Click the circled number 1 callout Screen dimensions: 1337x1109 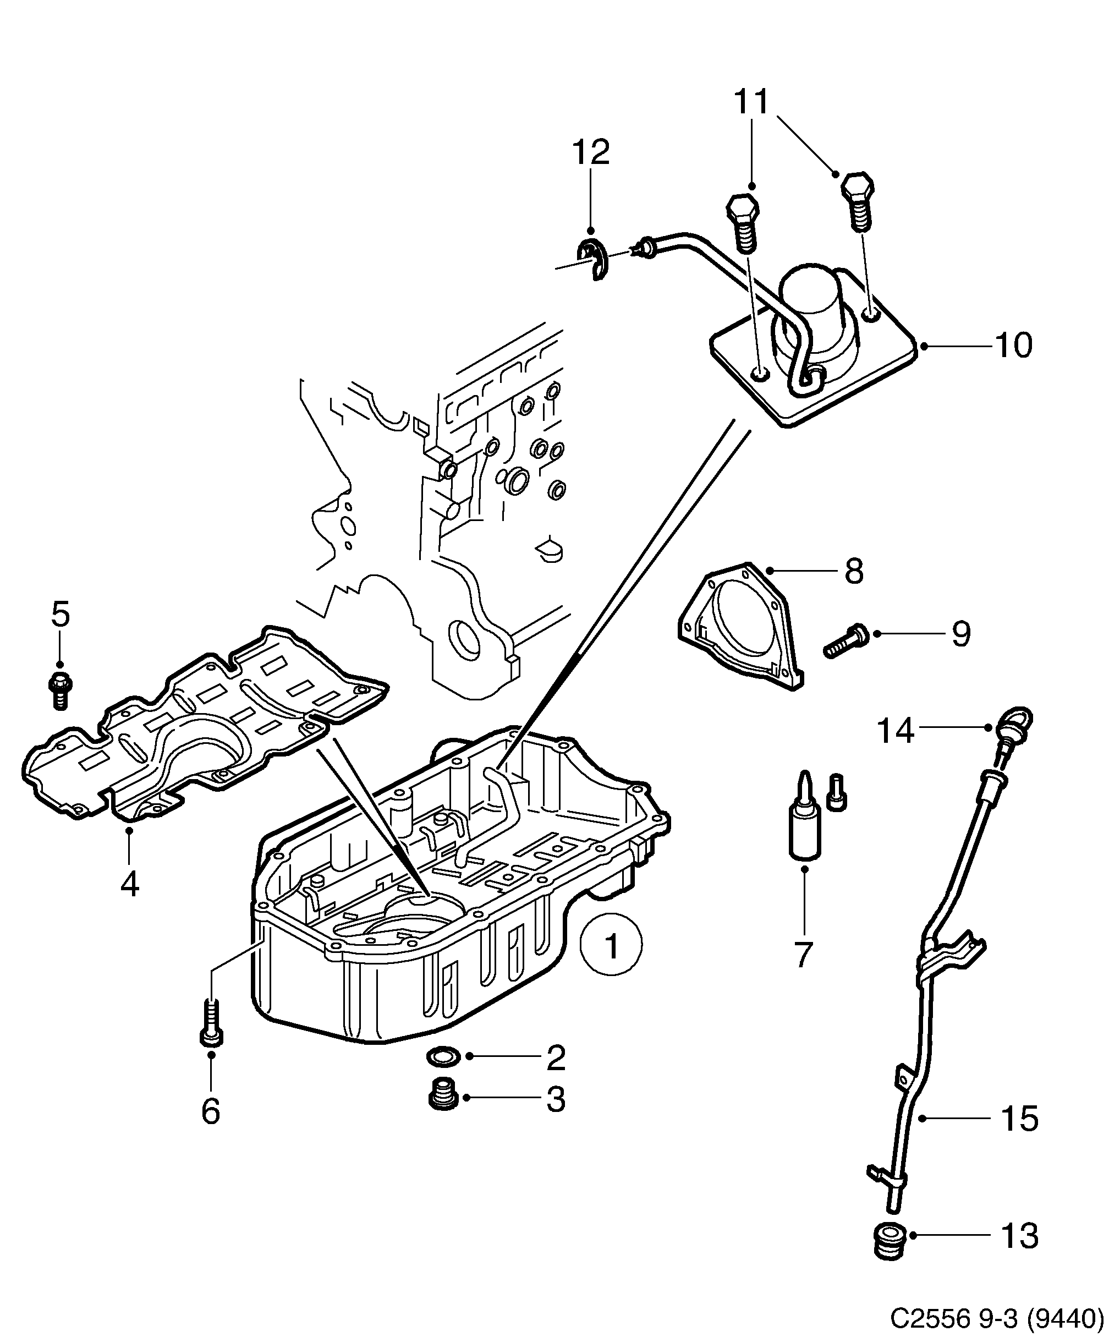click(x=611, y=963)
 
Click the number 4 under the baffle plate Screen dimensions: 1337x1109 click(x=129, y=884)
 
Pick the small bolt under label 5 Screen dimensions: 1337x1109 click(x=60, y=689)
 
